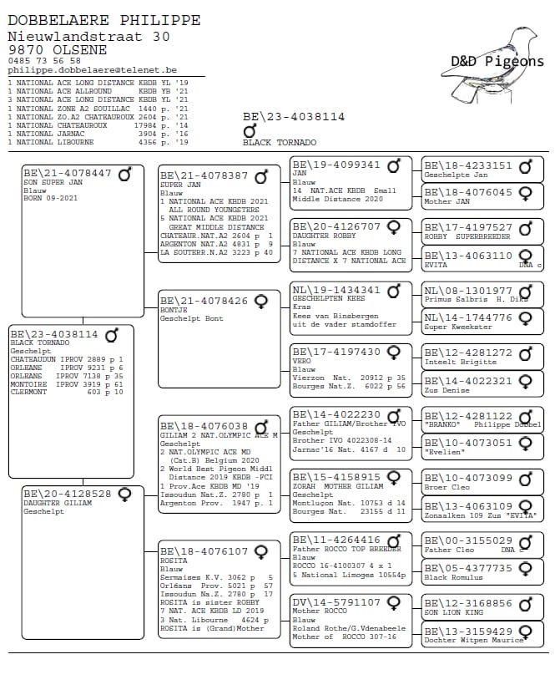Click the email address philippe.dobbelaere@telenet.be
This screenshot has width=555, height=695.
tap(92, 70)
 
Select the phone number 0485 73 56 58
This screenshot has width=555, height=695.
tap(44, 61)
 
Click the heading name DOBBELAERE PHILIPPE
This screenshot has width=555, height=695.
tap(103, 19)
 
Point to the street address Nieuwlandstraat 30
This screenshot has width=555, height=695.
tap(88, 36)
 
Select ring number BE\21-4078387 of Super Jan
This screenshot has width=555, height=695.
tap(204, 175)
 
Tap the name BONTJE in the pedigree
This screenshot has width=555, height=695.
tap(174, 309)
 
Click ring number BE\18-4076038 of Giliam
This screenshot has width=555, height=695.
tap(204, 426)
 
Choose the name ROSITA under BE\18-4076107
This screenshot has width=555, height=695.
tap(174, 561)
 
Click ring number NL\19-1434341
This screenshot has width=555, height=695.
tap(336, 291)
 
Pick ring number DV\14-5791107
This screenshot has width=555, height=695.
tap(336, 601)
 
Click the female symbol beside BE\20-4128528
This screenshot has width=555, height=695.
tap(124, 494)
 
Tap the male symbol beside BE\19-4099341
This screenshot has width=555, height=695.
tap(394, 165)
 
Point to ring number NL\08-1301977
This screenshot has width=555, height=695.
tap(468, 290)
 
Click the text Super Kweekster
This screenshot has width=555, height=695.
tap(457, 327)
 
